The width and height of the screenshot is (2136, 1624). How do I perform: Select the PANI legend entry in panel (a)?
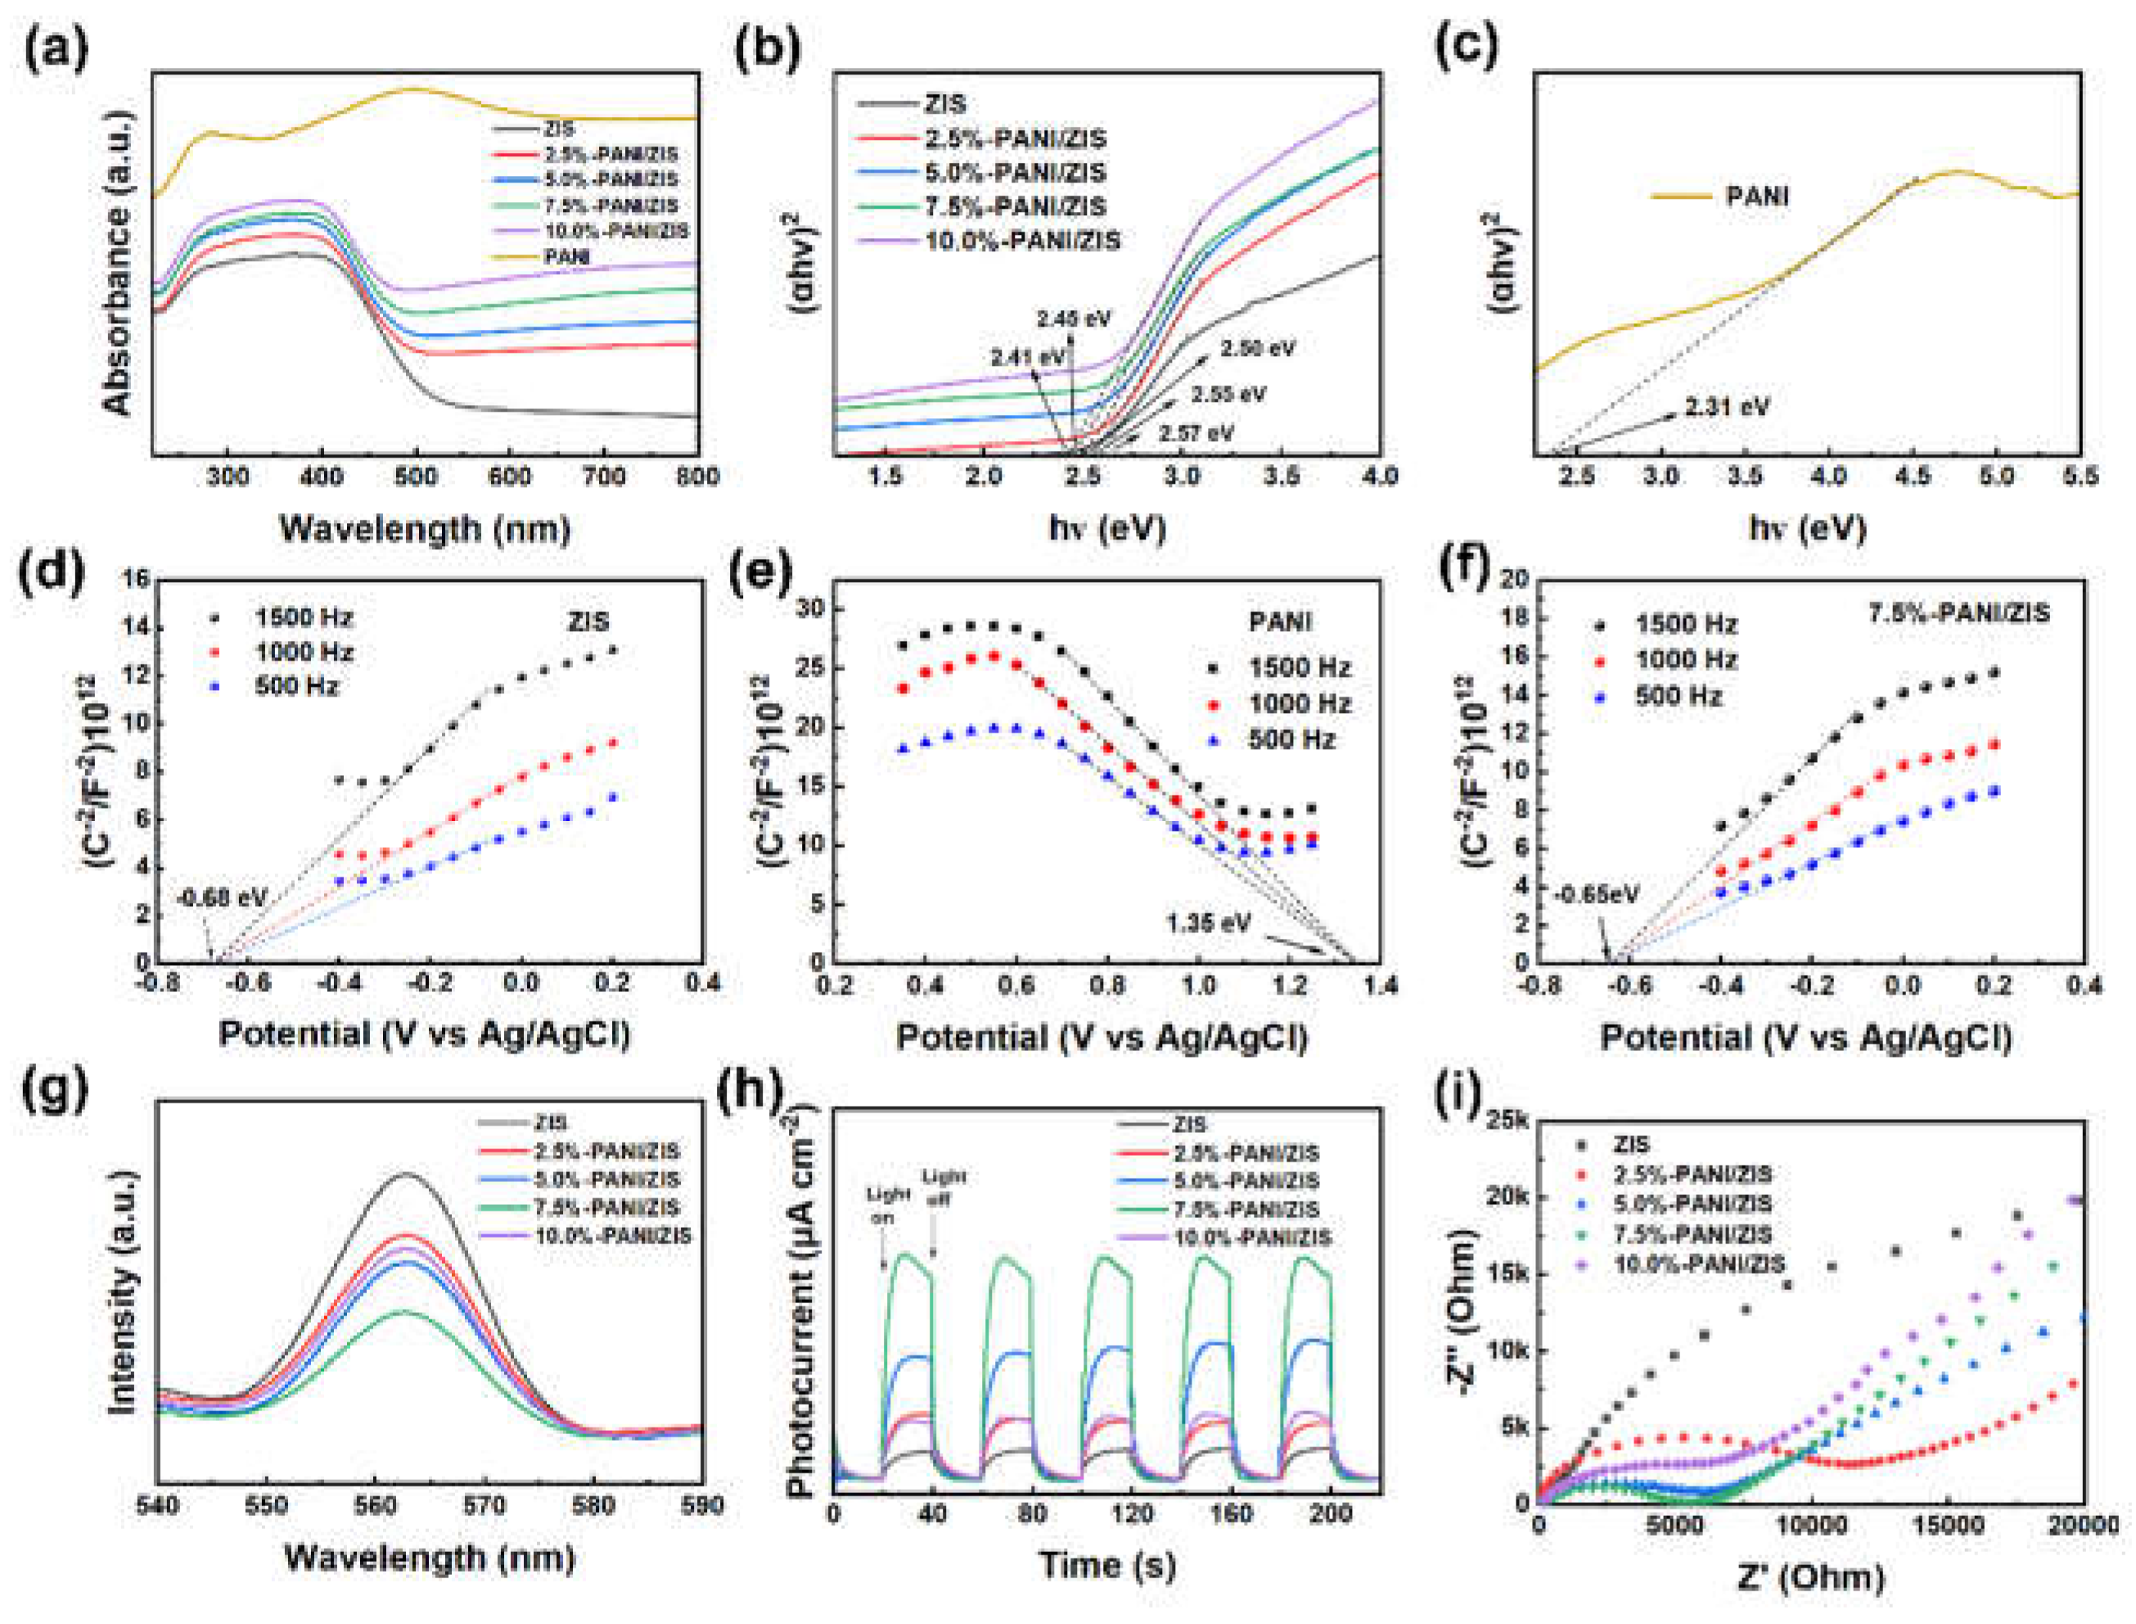pos(566,257)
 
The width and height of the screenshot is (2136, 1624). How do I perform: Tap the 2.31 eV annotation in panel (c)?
pos(1726,407)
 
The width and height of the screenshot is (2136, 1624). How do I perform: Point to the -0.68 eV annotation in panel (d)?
pos(220,898)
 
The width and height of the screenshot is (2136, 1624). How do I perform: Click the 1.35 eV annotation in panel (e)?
pos(1208,923)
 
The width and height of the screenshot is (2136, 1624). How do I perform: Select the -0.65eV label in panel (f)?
pos(1596,894)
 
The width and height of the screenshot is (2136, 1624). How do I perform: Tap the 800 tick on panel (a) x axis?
pos(698,477)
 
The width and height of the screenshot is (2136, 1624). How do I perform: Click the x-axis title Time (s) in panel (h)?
pos(1106,1564)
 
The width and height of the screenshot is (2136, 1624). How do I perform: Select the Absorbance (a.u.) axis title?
pos(117,263)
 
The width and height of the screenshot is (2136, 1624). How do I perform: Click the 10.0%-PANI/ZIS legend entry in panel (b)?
pos(1022,241)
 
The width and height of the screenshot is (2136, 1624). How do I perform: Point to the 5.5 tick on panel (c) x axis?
pos(2079,477)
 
